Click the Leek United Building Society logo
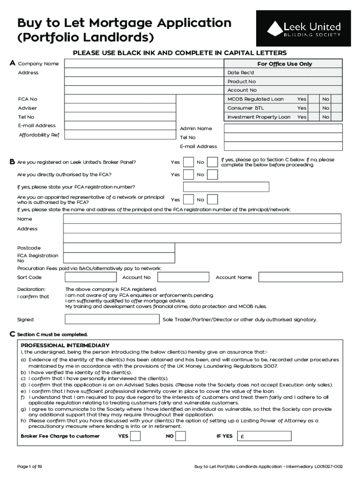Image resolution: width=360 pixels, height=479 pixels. click(303, 29)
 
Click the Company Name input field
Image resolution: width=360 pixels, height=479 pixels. click(144, 64)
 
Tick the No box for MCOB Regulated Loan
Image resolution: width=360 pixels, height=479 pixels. click(326, 99)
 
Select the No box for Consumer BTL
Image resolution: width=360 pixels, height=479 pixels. click(326, 108)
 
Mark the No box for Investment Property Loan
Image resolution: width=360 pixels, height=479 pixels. click(326, 117)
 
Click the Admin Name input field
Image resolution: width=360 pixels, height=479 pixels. click(283, 129)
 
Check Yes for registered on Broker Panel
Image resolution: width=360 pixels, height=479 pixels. click(188, 162)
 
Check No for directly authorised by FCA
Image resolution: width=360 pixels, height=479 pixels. click(212, 174)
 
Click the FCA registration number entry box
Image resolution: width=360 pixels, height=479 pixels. click(226, 187)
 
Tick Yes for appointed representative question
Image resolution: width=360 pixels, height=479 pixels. click(188, 200)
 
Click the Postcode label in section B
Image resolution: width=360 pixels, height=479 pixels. click(29, 248)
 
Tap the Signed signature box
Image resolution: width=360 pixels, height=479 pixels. click(112, 319)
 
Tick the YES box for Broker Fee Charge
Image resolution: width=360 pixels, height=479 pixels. click(135, 436)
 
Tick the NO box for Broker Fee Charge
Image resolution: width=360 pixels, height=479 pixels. click(180, 436)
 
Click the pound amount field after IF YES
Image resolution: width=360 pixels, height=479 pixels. click(264, 436)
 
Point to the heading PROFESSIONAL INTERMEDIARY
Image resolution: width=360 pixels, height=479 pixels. click(65, 345)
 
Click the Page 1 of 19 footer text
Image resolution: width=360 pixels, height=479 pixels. click(29, 466)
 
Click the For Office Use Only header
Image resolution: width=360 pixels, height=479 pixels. click(284, 64)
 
